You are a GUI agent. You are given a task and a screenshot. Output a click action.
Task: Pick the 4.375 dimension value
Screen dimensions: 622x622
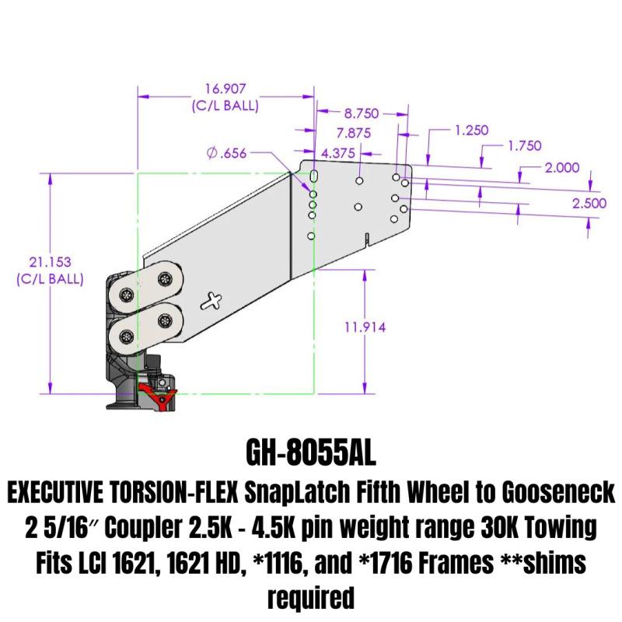point(338,153)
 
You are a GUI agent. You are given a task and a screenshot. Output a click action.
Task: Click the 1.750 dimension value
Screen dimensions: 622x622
point(523,146)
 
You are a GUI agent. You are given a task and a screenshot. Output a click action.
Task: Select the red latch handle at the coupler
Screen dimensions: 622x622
point(159,395)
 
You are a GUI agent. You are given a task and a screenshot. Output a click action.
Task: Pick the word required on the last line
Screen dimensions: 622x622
point(311,596)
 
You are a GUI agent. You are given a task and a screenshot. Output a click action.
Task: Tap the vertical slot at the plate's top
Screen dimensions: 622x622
point(313,176)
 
